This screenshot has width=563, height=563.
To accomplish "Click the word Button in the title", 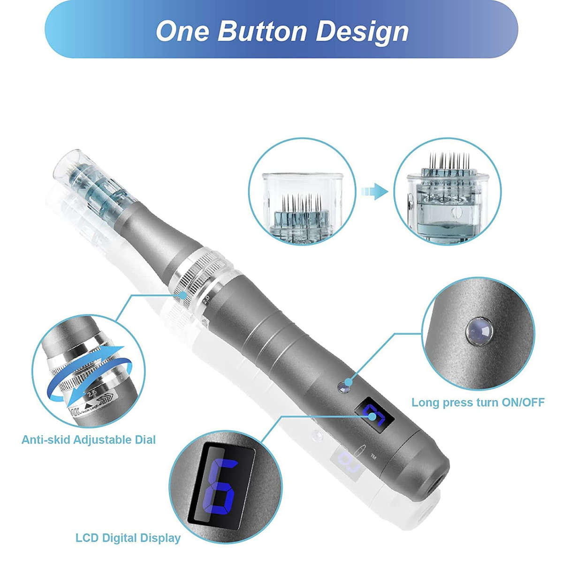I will (263, 30).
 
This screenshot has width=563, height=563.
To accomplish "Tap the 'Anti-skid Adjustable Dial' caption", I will (89, 440).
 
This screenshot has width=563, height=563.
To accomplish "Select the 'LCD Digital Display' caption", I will (128, 538).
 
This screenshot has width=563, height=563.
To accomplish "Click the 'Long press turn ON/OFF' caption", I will (478, 402).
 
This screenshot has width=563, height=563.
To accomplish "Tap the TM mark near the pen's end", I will (373, 456).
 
